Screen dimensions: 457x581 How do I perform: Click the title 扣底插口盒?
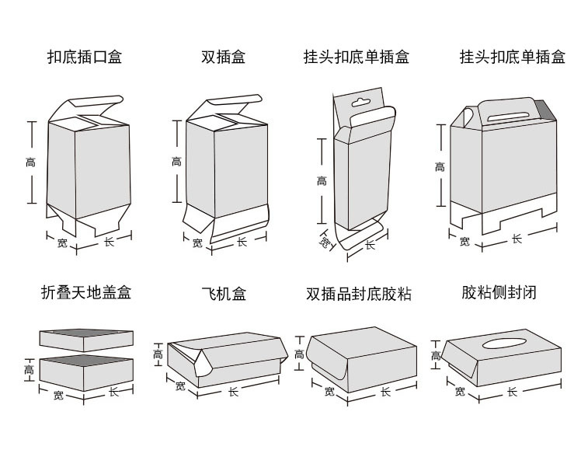pos(85,57)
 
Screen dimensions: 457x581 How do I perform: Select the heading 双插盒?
pos(223,57)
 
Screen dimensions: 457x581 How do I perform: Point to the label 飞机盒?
pos(224,293)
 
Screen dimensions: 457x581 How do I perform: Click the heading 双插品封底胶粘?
pos(358,294)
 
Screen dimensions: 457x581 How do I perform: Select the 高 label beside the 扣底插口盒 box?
pos(30,162)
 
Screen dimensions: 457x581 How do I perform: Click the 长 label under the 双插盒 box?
pos(242,242)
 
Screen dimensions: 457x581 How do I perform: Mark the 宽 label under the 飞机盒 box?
pos(180,385)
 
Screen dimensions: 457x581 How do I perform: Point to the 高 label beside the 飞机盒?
pos(158,354)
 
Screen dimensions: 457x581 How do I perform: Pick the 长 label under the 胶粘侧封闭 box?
pos(512,392)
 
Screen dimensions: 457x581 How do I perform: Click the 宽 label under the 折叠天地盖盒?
pos(59,396)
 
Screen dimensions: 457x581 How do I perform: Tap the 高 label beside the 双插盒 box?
pos(176,162)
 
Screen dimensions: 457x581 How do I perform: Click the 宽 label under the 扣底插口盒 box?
pos(62,243)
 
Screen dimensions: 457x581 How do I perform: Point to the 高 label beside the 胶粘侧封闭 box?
pos(436,356)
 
